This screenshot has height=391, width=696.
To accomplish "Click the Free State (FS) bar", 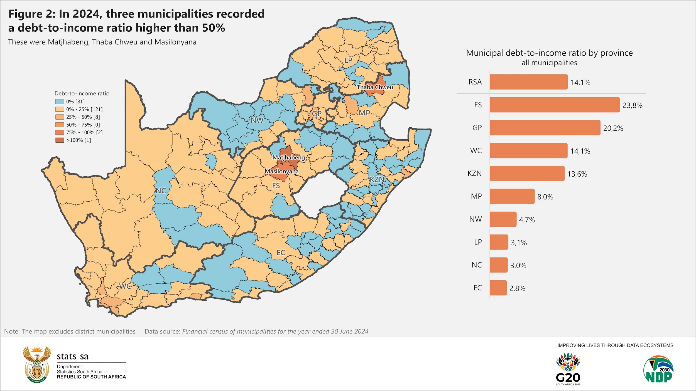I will click(555, 105).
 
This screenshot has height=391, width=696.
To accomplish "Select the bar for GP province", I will click(545, 128).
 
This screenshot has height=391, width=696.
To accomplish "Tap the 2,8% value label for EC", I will click(517, 288).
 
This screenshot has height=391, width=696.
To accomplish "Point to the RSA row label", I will click(475, 82).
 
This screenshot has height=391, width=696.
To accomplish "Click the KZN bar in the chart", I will click(527, 174).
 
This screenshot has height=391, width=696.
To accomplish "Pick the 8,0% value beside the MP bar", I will click(545, 197).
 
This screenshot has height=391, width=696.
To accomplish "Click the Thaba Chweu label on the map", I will click(375, 87).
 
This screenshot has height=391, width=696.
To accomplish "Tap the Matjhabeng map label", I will click(288, 157).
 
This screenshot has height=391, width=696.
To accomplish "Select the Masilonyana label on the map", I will click(281, 171).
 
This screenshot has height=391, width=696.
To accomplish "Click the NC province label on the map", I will click(161, 191).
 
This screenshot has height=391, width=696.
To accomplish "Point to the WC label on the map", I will click(125, 286).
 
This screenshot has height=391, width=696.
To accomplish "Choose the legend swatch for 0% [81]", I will click(60, 102).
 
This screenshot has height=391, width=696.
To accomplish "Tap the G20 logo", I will click(568, 369).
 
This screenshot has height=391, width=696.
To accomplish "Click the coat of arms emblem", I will click(37, 364).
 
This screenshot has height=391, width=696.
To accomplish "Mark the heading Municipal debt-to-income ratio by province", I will click(549, 53).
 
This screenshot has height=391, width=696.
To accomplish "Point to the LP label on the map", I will click(348, 60).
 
